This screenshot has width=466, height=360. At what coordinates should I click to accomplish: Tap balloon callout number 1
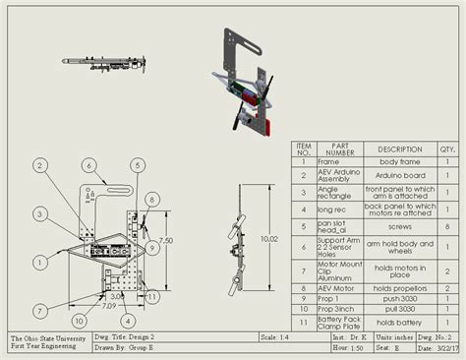(38, 261)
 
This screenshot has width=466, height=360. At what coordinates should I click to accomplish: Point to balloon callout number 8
(146, 198)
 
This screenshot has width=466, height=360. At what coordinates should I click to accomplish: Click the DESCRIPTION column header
(399, 150)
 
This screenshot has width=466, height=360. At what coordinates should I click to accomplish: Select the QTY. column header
(447, 150)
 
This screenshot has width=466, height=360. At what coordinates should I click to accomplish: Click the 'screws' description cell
(399, 225)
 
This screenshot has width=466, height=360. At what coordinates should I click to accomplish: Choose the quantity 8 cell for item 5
(447, 225)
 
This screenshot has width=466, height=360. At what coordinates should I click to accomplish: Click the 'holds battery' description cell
(399, 322)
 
